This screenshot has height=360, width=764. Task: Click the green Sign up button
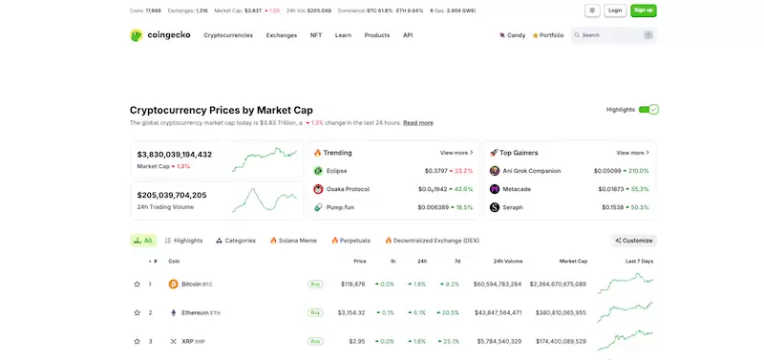pos(644,11)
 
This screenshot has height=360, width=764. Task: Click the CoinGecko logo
pos(160,35)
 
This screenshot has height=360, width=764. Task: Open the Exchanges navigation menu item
pos(282,35)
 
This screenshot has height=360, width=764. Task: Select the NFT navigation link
pos(316,35)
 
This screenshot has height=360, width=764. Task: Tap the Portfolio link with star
pos(548,35)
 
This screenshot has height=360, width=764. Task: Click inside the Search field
pos(611,35)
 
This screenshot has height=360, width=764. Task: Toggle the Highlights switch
pos(648,110)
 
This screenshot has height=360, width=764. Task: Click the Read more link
pos(417,123)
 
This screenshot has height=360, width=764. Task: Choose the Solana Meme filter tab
pos(294,241)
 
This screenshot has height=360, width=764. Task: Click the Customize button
pos(634,241)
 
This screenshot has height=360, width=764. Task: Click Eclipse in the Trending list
pos(336,171)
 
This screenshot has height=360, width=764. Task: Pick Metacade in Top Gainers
pos(518,189)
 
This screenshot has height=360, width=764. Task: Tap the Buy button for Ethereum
pos(314,312)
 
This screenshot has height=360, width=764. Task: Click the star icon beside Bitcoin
pos(136,284)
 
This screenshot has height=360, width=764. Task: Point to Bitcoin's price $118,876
pos(351,284)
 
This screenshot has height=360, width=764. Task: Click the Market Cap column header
pos(573,261)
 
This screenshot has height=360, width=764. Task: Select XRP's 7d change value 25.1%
pos(450,341)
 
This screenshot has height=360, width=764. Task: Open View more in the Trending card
pos(456,153)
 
